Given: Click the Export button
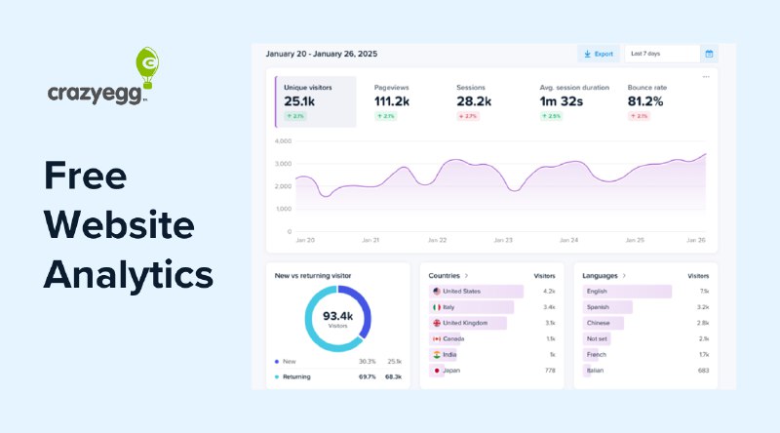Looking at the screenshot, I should (x=598, y=54).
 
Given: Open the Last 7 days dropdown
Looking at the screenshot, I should (x=661, y=54).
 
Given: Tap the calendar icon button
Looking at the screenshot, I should (x=709, y=54).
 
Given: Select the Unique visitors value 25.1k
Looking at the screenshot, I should (x=299, y=100).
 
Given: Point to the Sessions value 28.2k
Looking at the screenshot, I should (x=475, y=100).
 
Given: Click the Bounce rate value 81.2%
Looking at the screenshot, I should (x=645, y=100).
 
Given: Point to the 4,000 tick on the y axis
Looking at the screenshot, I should (x=283, y=140).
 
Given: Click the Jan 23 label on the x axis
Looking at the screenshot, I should (x=503, y=240).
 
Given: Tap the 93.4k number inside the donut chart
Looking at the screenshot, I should (x=336, y=316).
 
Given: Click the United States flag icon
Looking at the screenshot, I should (x=436, y=291).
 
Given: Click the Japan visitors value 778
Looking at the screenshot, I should (x=549, y=371).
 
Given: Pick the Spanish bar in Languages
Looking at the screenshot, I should (x=607, y=306).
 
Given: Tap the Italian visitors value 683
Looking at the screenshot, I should (x=703, y=371).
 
